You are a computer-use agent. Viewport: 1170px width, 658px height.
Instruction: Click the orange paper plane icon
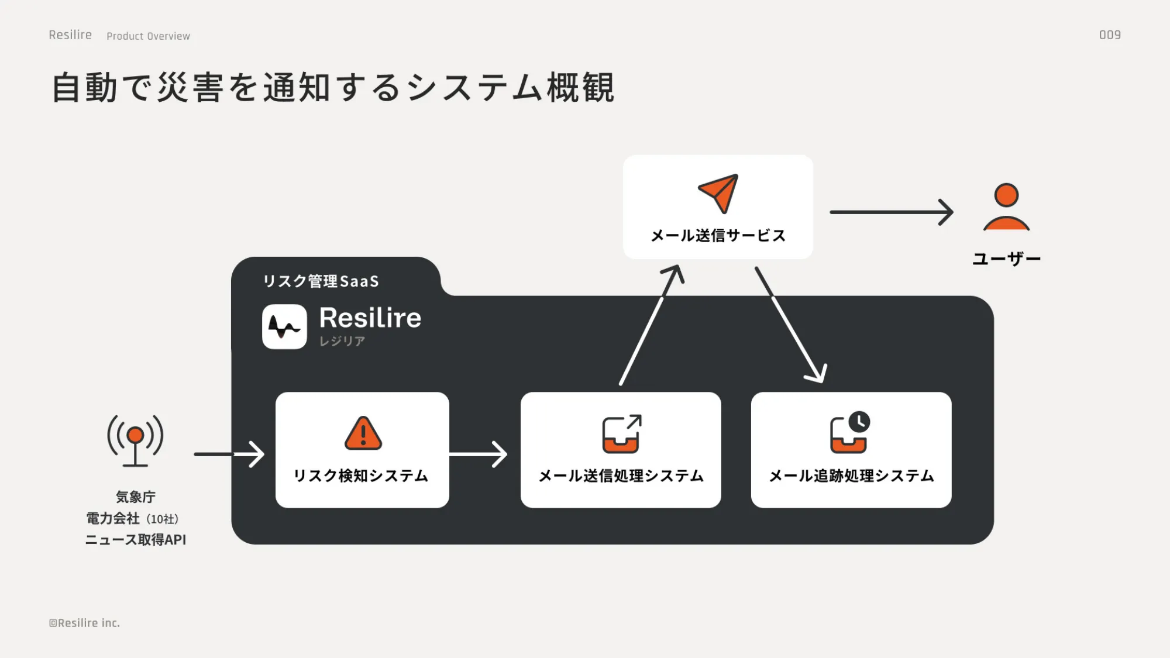[x=718, y=193]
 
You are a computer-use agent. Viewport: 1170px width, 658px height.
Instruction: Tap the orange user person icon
[x=1006, y=207]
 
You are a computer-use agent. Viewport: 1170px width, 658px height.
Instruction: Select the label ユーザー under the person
[x=1006, y=259]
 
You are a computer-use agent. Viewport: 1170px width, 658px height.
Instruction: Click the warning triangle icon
[x=363, y=434]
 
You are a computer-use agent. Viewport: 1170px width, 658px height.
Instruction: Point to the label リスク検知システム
[x=361, y=476]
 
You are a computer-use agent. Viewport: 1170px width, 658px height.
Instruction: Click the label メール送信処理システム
[x=621, y=476]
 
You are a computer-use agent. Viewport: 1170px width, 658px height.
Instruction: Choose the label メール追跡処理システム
[x=851, y=476]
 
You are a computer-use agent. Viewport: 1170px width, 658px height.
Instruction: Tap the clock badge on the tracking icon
[x=859, y=422]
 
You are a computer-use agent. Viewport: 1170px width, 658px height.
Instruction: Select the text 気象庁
[x=135, y=497]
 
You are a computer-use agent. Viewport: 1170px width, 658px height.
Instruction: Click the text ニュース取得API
[x=135, y=539]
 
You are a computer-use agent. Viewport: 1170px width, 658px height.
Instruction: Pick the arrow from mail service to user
[x=891, y=212]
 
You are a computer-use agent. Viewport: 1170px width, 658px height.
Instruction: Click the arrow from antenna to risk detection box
[x=229, y=454]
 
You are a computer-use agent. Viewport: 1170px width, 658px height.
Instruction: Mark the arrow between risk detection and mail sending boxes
[x=479, y=454]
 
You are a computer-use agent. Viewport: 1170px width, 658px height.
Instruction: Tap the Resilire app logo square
[x=284, y=326]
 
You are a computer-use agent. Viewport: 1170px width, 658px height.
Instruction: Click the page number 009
[x=1110, y=35]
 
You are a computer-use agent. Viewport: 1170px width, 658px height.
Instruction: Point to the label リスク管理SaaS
[x=321, y=281]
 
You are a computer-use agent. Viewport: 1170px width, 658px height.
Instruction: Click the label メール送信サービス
[x=718, y=235]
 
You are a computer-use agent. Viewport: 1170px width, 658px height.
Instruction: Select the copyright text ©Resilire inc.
[x=85, y=623]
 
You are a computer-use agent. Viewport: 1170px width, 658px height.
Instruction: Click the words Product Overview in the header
[x=148, y=36]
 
